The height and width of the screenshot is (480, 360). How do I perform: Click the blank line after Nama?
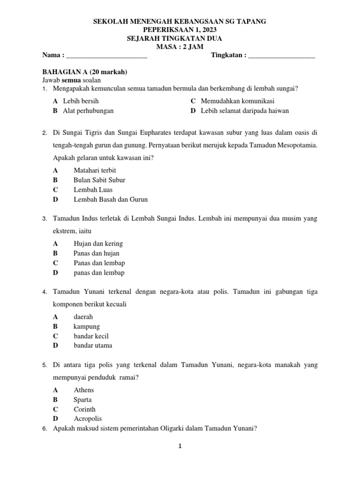[x=107, y=55]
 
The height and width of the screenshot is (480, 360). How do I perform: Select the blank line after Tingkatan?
[x=281, y=55]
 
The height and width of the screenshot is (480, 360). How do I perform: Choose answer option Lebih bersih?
[x=81, y=101]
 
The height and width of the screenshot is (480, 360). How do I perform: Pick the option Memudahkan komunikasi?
[x=238, y=101]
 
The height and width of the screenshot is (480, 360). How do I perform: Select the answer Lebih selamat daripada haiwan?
[x=245, y=111]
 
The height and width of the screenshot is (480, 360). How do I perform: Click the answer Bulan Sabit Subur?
[x=99, y=180]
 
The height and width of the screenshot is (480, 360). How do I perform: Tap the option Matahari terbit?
[x=95, y=170]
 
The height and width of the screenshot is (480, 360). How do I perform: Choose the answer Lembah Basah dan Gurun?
[x=111, y=199]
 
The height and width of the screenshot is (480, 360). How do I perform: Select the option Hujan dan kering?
[x=98, y=243]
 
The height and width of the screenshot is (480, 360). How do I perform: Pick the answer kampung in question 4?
[x=87, y=326]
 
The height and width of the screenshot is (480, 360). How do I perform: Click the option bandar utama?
[x=93, y=345]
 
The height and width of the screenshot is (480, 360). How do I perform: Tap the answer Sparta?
[x=83, y=400]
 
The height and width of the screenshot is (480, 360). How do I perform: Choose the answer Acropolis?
[x=88, y=419]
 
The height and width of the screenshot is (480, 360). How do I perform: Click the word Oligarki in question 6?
[x=177, y=428]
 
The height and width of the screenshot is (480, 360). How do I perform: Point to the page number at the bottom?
[x=180, y=447]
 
